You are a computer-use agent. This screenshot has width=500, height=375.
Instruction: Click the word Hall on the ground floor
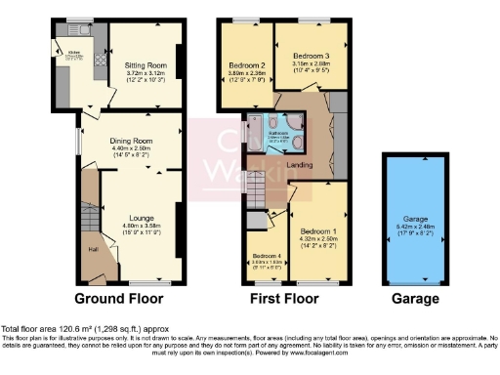[x=93, y=249]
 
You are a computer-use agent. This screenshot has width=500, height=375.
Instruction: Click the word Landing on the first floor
[x=299, y=165]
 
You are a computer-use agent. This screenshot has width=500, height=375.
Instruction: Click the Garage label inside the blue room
[x=409, y=221]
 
